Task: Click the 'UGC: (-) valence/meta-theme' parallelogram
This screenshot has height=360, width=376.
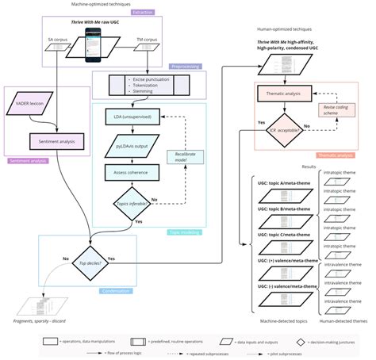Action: point(281,284)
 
